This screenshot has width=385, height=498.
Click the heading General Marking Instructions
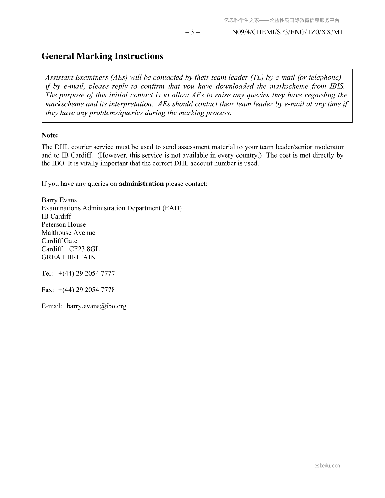point(102,56)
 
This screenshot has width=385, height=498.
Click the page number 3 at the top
point(192,32)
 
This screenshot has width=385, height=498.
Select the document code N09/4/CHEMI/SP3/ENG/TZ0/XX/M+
point(287,32)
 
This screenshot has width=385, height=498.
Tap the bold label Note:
point(50,135)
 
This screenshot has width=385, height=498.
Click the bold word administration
point(141,184)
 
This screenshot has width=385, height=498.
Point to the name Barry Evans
point(59,200)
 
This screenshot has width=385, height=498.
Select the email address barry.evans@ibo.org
point(97,306)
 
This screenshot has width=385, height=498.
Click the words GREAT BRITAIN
point(69,257)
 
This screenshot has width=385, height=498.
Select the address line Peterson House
point(64,224)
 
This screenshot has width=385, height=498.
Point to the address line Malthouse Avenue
point(68,233)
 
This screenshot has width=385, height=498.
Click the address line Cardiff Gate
point(59,241)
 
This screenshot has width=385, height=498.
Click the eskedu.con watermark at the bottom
point(327,466)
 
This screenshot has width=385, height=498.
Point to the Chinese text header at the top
point(282,20)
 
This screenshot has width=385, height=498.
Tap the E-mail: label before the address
point(52,306)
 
